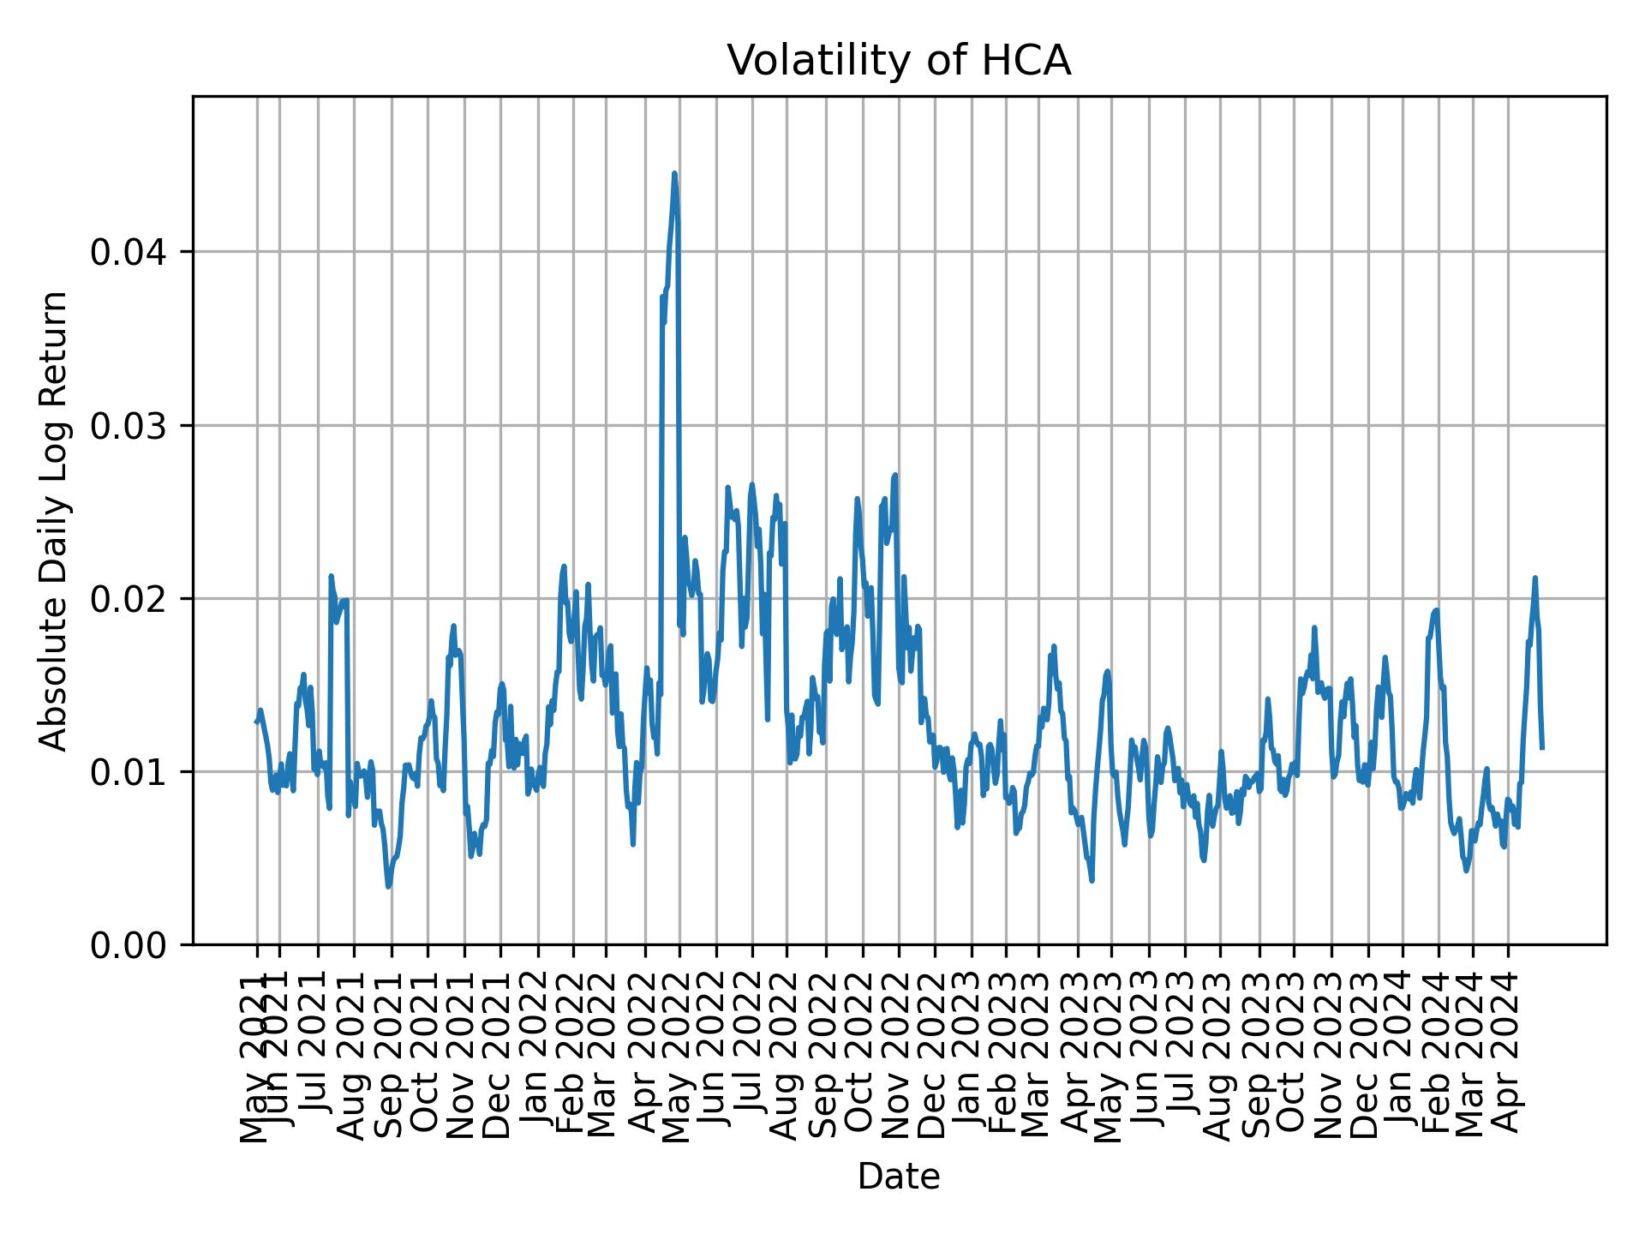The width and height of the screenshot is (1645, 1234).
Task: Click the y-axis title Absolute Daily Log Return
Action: pos(55,520)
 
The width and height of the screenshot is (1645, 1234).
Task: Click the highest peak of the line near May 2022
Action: pos(674,174)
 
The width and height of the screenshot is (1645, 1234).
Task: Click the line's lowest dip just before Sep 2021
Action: pos(389,886)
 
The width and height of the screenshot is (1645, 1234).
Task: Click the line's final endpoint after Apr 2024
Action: pos(1542,748)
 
